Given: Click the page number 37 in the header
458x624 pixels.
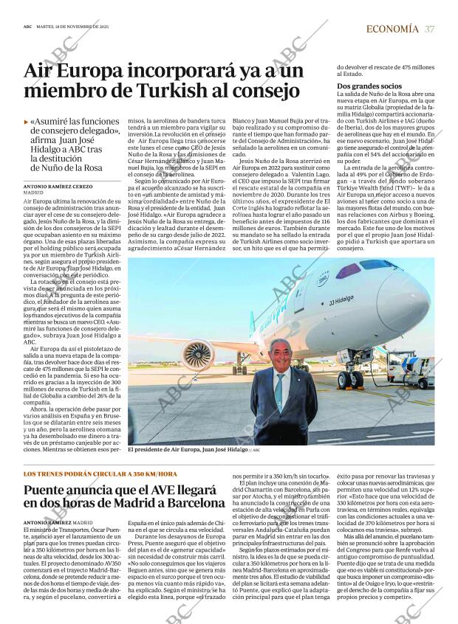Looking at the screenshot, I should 429,29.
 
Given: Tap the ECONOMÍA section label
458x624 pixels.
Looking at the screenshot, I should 392,29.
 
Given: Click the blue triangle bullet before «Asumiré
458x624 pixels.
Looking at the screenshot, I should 27,120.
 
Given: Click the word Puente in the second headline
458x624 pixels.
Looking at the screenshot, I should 49,490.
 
